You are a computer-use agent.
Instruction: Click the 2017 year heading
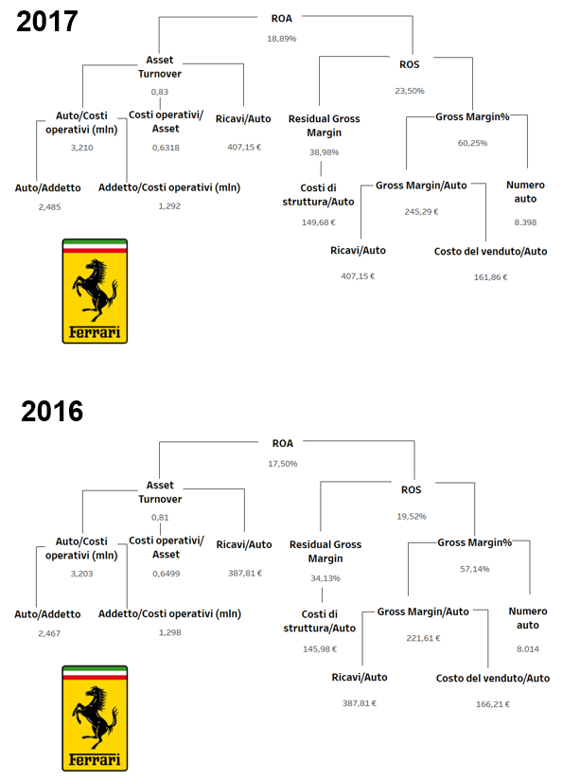[46, 22]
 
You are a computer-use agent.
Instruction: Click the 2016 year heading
[52, 412]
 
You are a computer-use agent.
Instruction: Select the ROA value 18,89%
[282, 39]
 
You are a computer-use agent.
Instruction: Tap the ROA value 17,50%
[283, 464]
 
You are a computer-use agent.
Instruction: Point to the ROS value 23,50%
[410, 91]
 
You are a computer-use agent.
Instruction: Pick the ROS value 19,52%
[412, 516]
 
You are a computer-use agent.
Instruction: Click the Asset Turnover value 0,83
[160, 92]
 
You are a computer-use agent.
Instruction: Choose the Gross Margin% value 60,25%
[472, 143]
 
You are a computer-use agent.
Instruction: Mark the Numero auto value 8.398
[525, 222]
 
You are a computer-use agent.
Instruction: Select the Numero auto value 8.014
[528, 649]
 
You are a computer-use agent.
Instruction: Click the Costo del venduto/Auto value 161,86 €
[490, 277]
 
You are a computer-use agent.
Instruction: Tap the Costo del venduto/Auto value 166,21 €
[493, 704]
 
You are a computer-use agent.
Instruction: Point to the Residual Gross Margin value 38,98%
[324, 152]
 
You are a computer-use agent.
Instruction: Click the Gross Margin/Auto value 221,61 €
[423, 638]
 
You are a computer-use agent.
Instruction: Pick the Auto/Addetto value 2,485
[50, 207]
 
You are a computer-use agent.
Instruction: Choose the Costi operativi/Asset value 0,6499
[167, 574]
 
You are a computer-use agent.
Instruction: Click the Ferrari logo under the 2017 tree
[95, 291]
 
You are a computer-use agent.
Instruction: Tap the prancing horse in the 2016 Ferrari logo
[95, 717]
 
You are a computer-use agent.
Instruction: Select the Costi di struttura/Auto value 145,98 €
[320, 649]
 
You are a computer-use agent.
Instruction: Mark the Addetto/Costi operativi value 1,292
[169, 206]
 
